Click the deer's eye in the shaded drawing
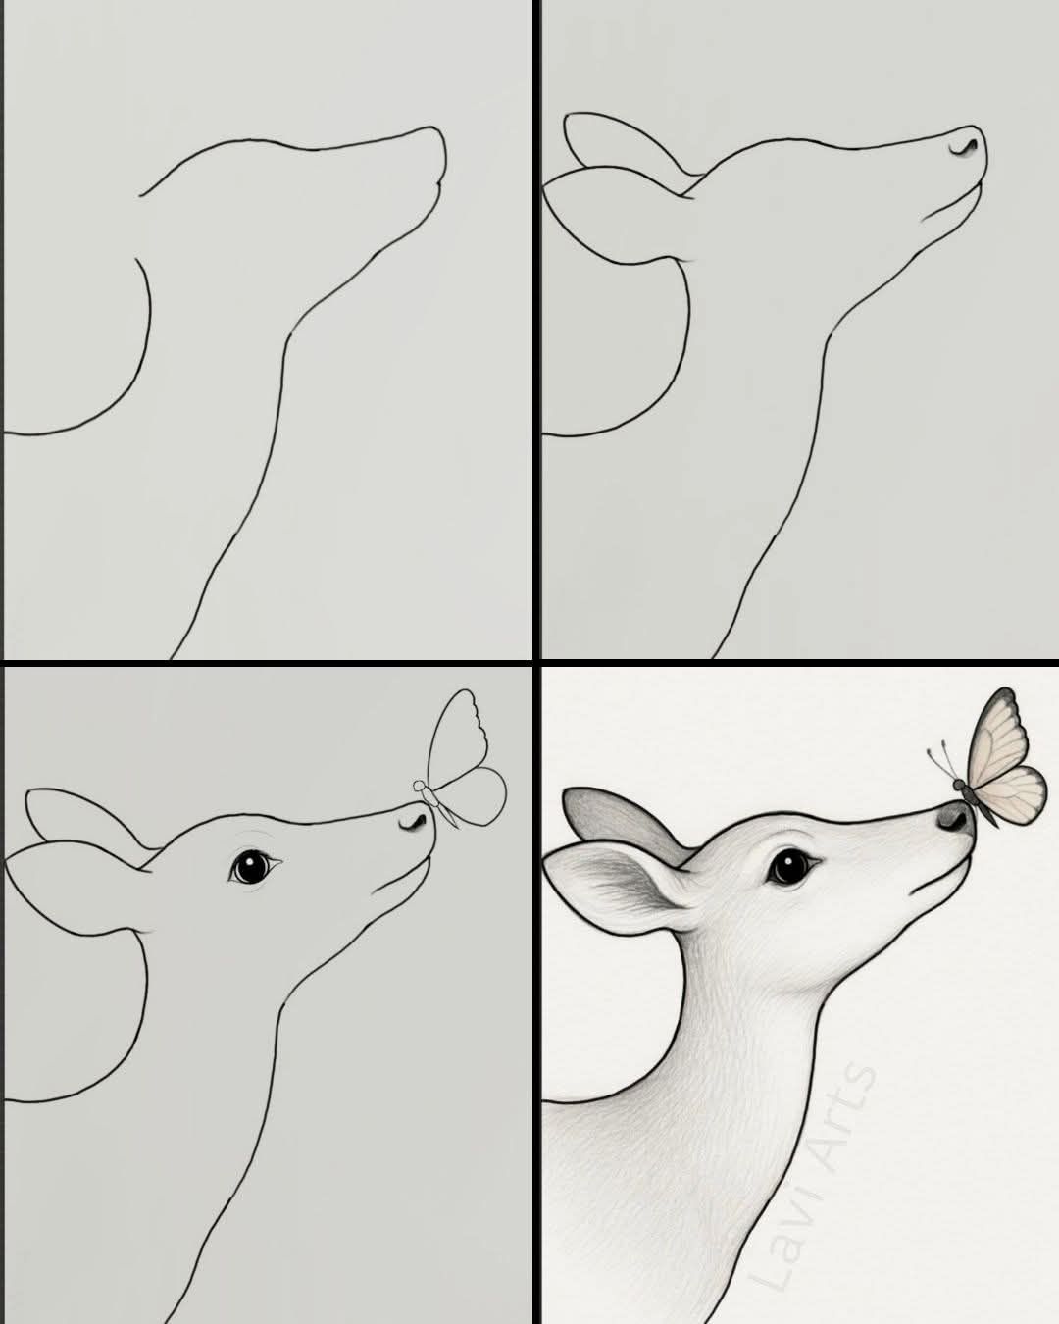click(789, 867)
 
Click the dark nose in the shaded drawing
click(956, 818)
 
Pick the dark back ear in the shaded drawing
click(622, 821)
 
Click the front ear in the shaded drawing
click(622, 891)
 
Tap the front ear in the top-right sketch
click(616, 216)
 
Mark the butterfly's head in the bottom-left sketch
click(419, 786)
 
